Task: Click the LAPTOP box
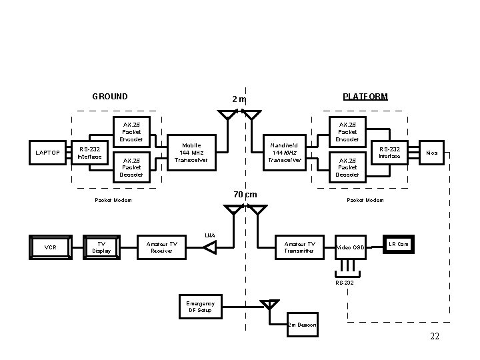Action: point(47,153)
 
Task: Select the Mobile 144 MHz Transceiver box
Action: point(191,152)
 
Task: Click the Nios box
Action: point(433,153)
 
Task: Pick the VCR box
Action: point(50,247)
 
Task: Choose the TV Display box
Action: point(101,247)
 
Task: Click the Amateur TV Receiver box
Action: point(162,247)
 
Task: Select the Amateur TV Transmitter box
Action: point(300,247)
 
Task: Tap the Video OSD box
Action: point(351,247)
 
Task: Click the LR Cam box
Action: point(399,244)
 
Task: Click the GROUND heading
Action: point(110,97)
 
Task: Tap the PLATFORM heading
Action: point(365,97)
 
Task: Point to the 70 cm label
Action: point(245,195)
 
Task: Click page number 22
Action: point(435,336)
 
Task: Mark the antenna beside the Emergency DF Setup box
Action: point(269,306)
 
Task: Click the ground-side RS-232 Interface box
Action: point(89,153)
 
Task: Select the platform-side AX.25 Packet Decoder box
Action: point(347,167)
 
